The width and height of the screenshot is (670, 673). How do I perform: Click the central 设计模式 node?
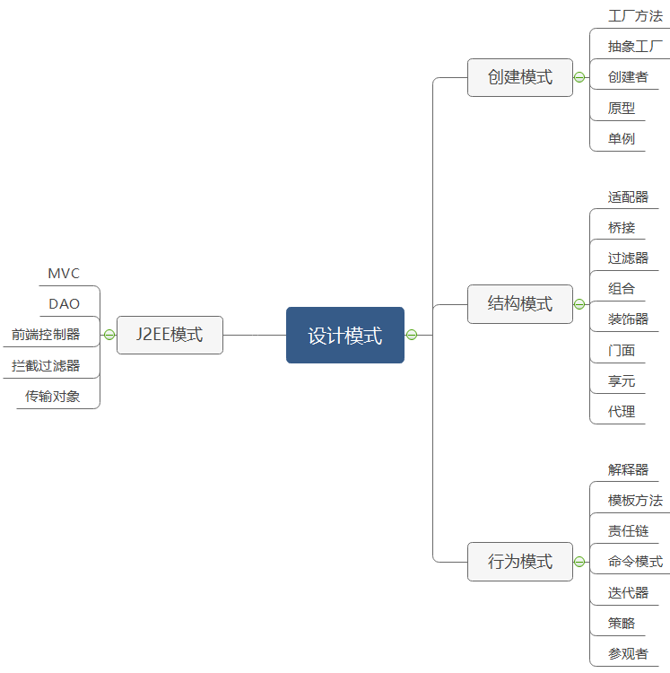click(345, 336)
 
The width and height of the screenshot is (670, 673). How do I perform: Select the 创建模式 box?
click(520, 77)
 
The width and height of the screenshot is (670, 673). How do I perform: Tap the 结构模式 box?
click(520, 304)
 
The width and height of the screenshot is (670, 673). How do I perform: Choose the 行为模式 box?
click(520, 562)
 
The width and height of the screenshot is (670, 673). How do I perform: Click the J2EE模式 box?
click(170, 335)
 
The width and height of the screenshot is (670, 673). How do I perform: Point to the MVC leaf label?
click(64, 274)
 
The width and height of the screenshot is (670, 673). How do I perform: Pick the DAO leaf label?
click(65, 304)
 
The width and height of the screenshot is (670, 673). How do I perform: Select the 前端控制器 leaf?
click(46, 335)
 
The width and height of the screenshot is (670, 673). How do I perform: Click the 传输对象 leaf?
click(53, 396)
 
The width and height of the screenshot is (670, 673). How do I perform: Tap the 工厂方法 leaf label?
click(635, 16)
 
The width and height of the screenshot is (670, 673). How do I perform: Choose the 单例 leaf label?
click(622, 138)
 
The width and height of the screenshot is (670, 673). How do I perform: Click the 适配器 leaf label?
click(628, 197)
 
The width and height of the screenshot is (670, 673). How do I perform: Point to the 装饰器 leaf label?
click(628, 319)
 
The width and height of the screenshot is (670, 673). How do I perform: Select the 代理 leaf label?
click(622, 412)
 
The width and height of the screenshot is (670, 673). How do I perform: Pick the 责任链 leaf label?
click(628, 531)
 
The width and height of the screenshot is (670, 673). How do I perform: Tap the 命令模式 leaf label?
click(635, 562)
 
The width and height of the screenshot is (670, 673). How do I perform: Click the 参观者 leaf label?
click(628, 654)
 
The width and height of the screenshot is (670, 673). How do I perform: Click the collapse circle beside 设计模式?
click(412, 336)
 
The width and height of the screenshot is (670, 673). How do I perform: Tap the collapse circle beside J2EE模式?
click(109, 335)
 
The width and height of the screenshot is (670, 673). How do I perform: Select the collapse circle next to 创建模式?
click(579, 77)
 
